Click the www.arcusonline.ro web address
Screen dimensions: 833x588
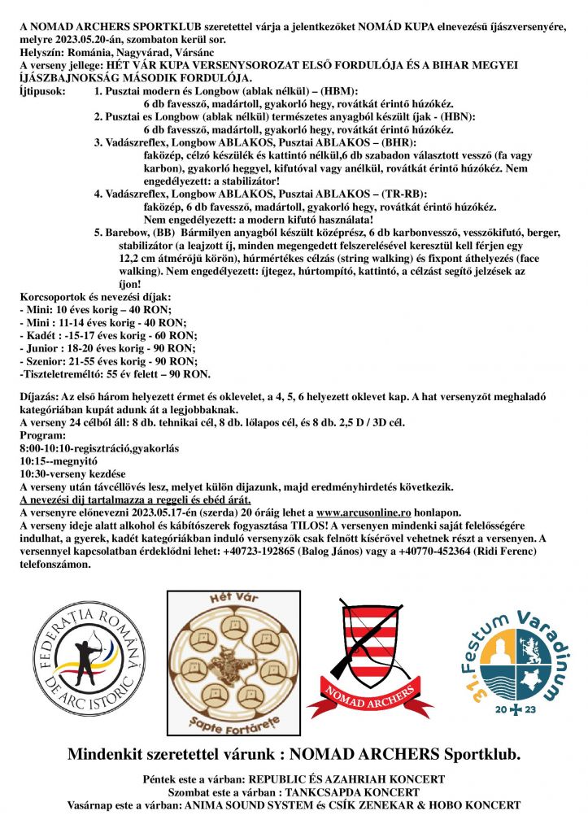357,512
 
